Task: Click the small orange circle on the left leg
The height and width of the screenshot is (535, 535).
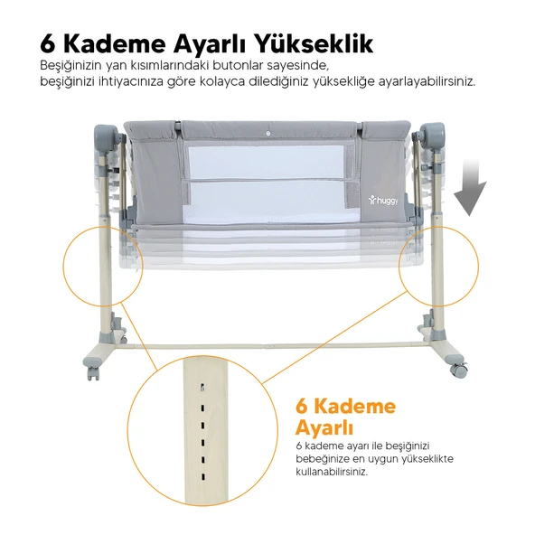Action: (x=103, y=267)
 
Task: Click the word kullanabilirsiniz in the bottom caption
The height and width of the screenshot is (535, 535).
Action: (x=332, y=472)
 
